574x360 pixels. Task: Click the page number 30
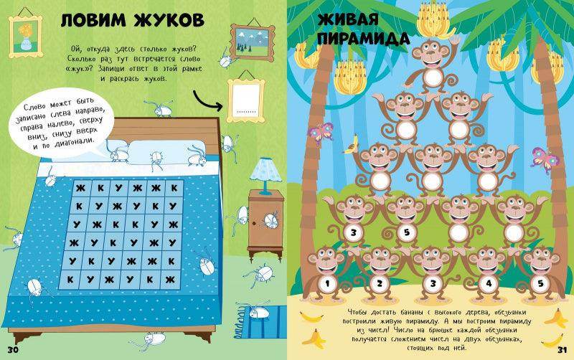coord(13,349)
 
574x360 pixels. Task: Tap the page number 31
coord(563,349)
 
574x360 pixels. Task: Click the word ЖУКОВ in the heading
coord(169,20)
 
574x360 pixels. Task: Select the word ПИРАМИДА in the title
coord(363,39)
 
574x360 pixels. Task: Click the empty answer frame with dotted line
coord(245,100)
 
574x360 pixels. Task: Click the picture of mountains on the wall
coord(253,42)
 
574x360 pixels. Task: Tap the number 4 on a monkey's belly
coord(489,283)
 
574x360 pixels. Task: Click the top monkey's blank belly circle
coord(433,77)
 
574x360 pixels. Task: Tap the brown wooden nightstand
coord(265,224)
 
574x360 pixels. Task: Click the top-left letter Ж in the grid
coord(80,188)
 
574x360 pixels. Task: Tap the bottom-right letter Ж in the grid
coord(170,280)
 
